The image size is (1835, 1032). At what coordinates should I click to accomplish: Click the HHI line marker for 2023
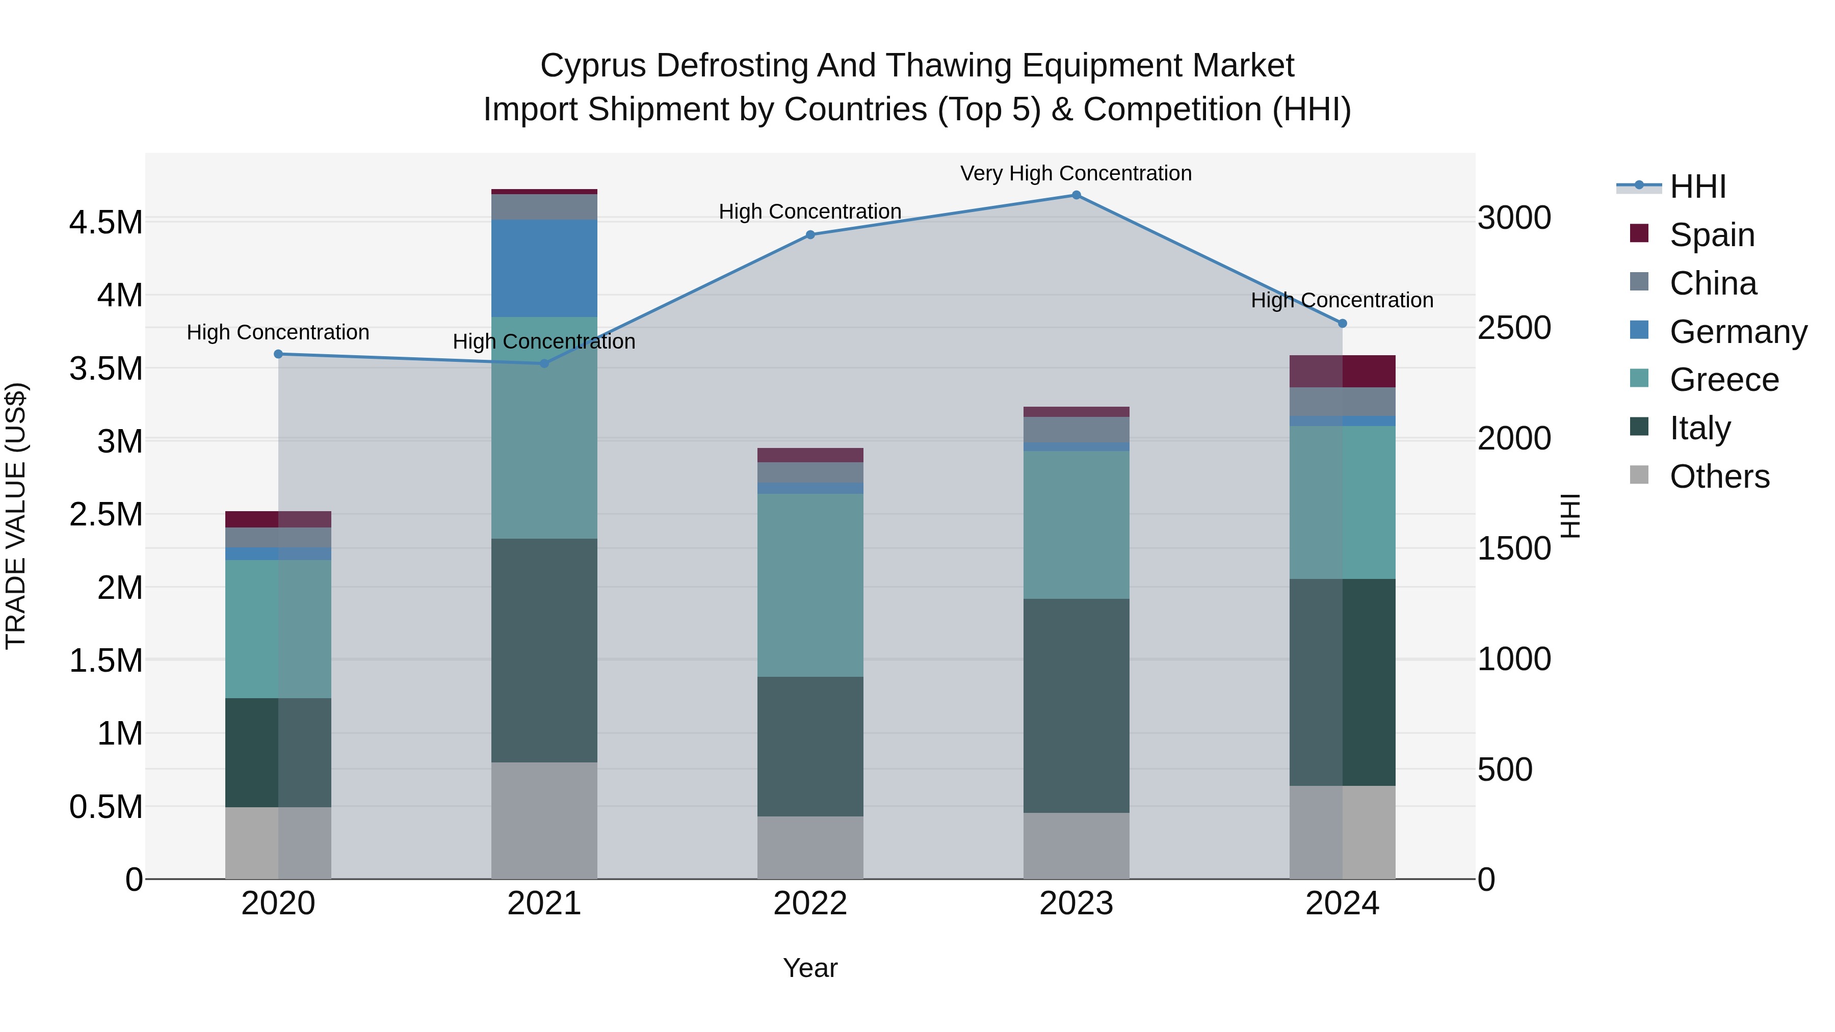[1076, 195]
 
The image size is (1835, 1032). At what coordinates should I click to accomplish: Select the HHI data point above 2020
[278, 354]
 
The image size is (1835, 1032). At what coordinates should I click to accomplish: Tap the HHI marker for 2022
[810, 234]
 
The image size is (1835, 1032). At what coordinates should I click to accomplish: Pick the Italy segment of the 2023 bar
[1076, 705]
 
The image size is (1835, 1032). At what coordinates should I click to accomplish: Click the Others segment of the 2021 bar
[544, 821]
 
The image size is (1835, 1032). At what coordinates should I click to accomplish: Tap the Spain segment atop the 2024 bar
[1342, 371]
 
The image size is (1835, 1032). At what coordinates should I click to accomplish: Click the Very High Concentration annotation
[1076, 173]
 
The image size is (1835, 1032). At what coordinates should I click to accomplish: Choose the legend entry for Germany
[1738, 332]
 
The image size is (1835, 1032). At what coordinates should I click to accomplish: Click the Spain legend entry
[1712, 235]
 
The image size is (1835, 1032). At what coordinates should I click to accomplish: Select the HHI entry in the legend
[1697, 187]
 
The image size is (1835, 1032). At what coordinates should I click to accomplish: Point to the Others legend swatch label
[1719, 477]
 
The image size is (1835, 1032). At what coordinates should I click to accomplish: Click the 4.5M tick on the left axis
[106, 222]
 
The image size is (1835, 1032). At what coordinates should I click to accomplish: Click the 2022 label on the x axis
[810, 903]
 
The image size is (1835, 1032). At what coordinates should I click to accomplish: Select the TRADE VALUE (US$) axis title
[16, 516]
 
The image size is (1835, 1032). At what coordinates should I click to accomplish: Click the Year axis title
[810, 968]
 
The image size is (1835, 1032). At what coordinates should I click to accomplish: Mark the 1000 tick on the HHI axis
[1514, 659]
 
